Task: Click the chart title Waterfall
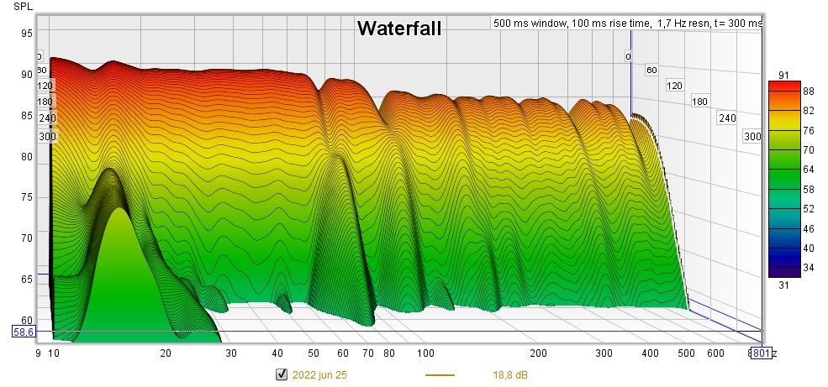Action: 398,29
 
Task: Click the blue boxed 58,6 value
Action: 24,332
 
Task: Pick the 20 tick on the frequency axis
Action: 166,354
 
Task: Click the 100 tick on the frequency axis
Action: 426,354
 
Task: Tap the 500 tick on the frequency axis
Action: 688,354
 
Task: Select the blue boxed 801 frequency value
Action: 762,353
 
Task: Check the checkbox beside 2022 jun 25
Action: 282,374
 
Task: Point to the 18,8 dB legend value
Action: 510,374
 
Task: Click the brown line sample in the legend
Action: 440,374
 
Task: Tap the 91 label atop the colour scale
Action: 783,76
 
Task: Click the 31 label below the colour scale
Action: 783,285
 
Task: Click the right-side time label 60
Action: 651,71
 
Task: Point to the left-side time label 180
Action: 45,102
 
